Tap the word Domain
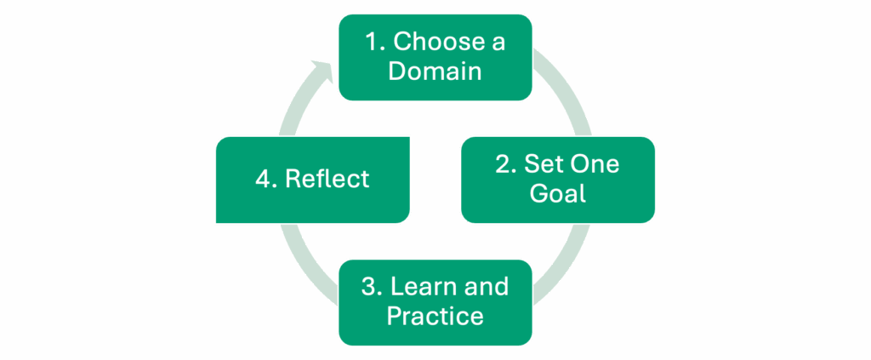435,71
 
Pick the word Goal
558,193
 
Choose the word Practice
435,316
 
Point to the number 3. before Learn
372,287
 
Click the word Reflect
327,179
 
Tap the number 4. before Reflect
265,179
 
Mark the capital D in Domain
396,71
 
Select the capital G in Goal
539,193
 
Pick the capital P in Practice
395,316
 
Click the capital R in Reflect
293,179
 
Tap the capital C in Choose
401,43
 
